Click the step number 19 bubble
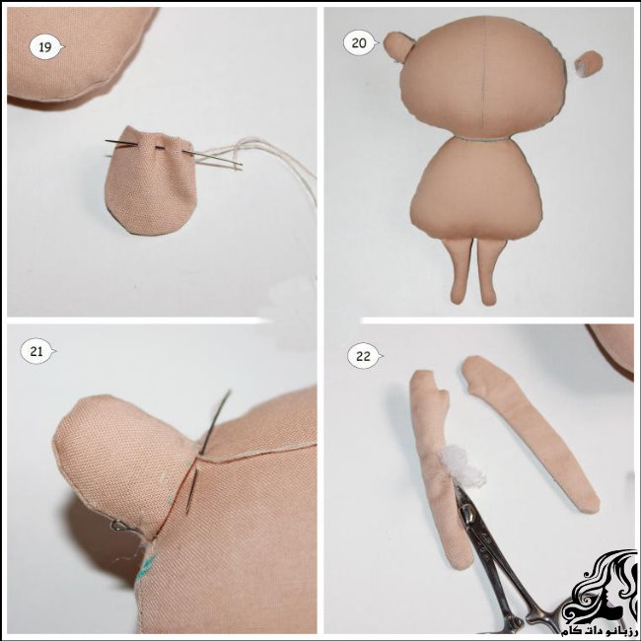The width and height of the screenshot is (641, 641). pyautogui.click(x=46, y=47)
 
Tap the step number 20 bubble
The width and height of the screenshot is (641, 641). pyautogui.click(x=359, y=43)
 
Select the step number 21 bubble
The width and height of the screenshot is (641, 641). pyautogui.click(x=37, y=351)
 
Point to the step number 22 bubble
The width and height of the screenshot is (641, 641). pyautogui.click(x=364, y=356)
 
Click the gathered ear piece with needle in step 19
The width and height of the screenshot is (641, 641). pyautogui.click(x=149, y=181)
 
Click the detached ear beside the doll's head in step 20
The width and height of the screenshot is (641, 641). pyautogui.click(x=589, y=64)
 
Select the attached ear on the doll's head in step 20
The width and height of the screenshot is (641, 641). pyautogui.click(x=396, y=45)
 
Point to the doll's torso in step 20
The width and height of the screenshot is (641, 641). pyautogui.click(x=476, y=189)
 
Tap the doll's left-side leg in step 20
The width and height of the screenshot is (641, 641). pyautogui.click(x=460, y=270)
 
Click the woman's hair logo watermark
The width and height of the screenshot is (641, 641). pyautogui.click(x=599, y=587)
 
